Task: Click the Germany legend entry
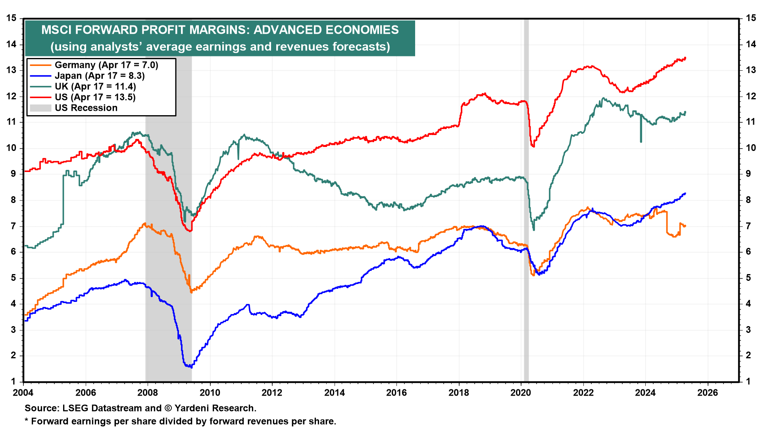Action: click(x=106, y=65)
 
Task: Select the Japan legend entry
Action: click(x=99, y=76)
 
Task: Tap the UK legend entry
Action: click(x=95, y=87)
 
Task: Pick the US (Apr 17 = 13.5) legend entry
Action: click(x=95, y=97)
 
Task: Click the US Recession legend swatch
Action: click(x=40, y=108)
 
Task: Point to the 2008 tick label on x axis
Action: click(x=148, y=393)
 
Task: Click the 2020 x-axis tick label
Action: click(x=521, y=393)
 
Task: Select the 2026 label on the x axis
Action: click(x=707, y=393)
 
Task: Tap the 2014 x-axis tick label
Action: click(x=334, y=393)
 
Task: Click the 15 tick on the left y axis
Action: click(x=12, y=18)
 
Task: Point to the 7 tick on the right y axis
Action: click(x=748, y=226)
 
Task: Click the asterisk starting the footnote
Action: click(x=27, y=421)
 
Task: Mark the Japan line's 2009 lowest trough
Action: click(x=191, y=367)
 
